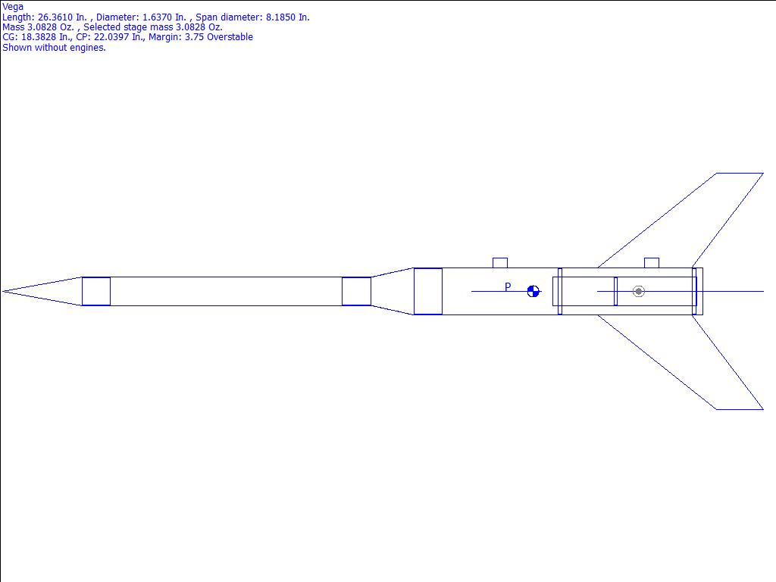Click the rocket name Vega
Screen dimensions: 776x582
[13, 7]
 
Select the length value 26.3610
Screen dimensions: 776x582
[55, 17]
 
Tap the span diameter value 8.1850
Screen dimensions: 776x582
[280, 17]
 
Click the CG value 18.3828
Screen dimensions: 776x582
[39, 37]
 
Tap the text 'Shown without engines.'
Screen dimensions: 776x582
[54, 48]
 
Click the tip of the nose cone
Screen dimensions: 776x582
[2, 292]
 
